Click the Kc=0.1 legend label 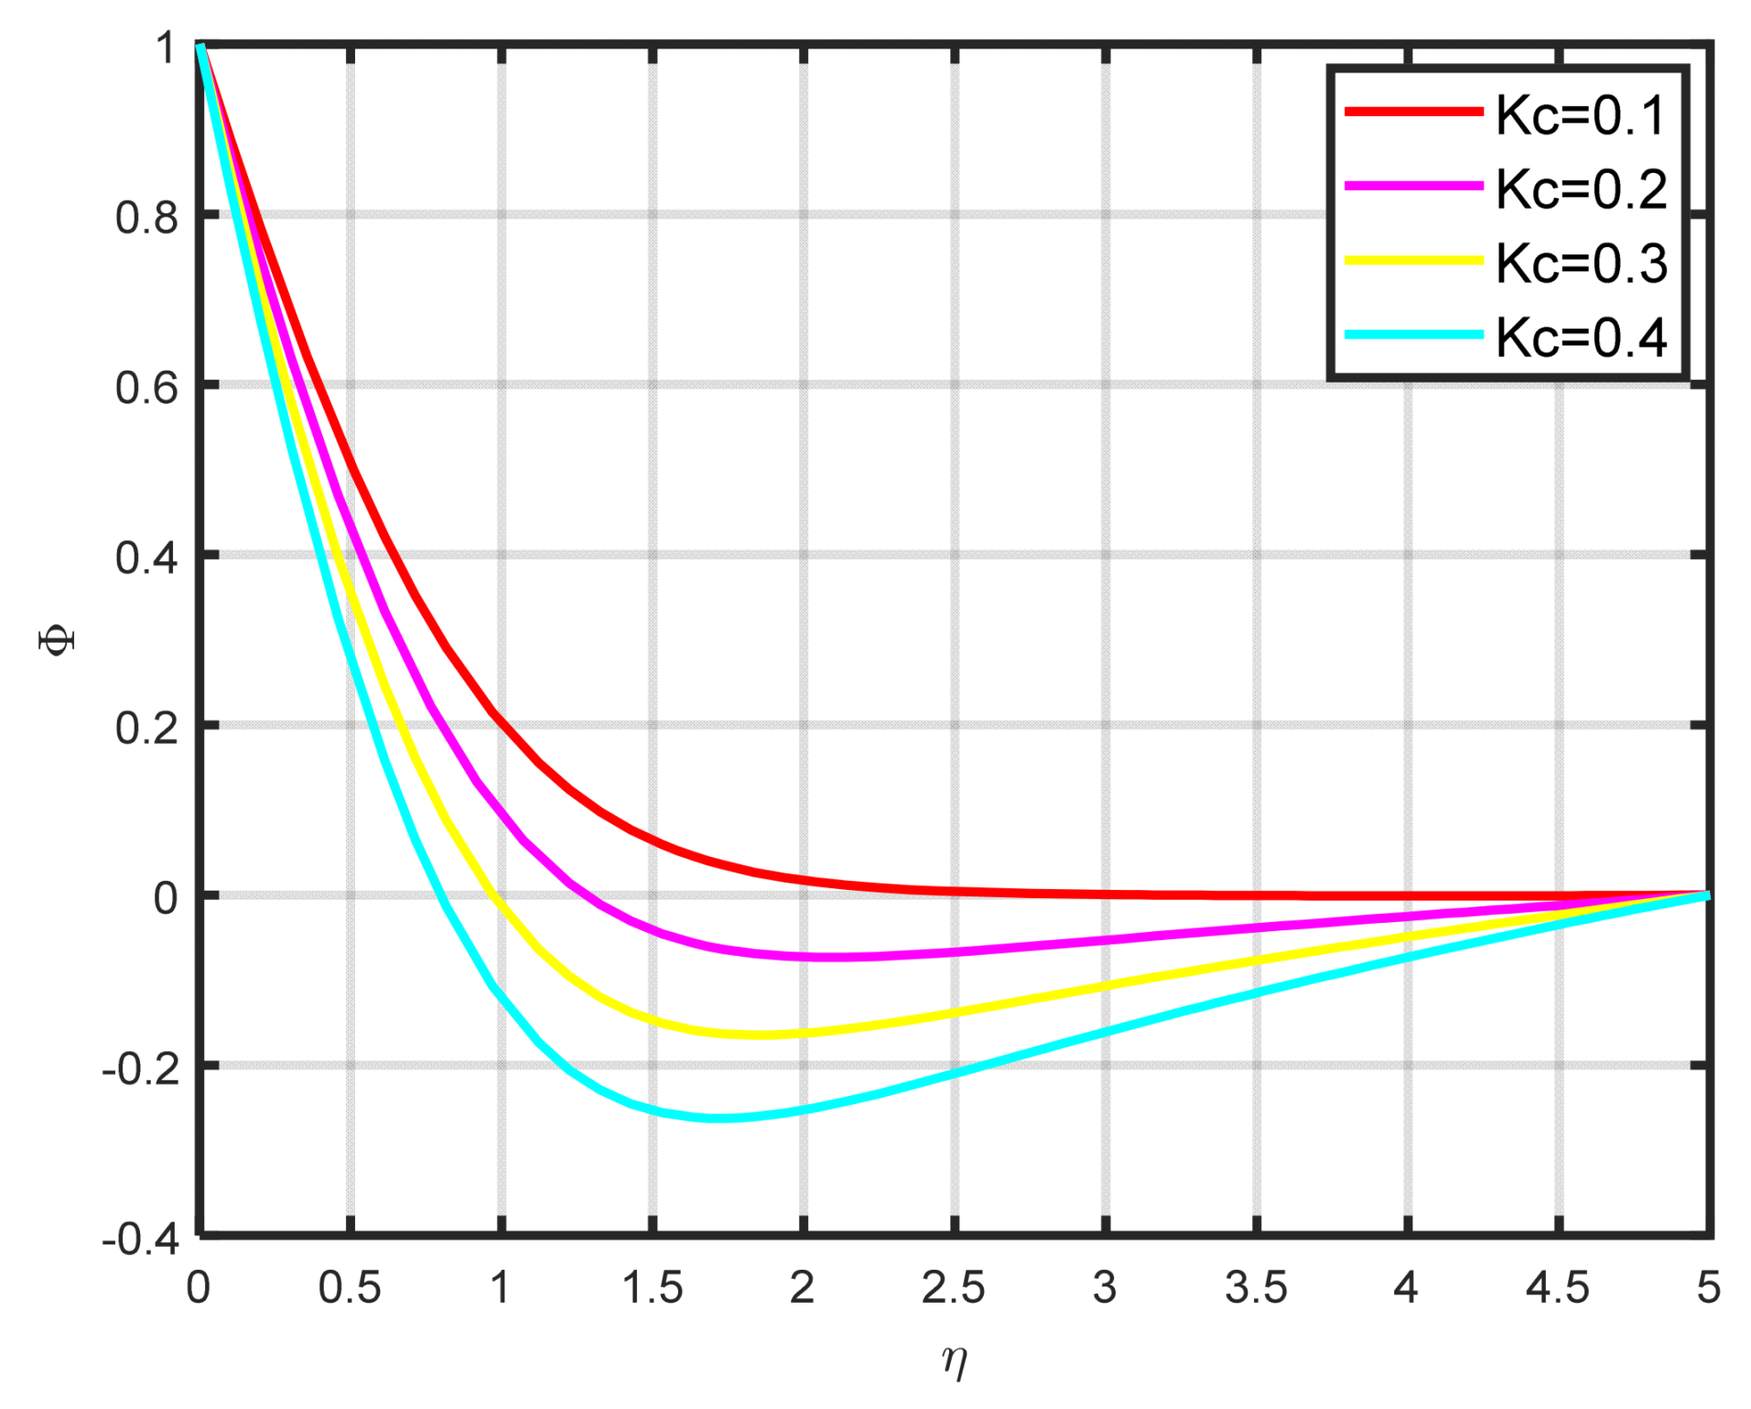[x=1581, y=116]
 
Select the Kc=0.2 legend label [x=1581, y=190]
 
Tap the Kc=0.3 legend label [x=1581, y=265]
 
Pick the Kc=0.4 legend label [x=1581, y=339]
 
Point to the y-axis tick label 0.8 [x=146, y=219]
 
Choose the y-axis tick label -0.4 [x=140, y=1240]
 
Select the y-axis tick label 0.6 [x=146, y=389]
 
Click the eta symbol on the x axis [x=955, y=1362]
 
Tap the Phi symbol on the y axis [x=57, y=640]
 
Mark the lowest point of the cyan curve [x=721, y=1118]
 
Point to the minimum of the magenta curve [x=833, y=957]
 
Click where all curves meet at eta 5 [x=1707, y=894]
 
